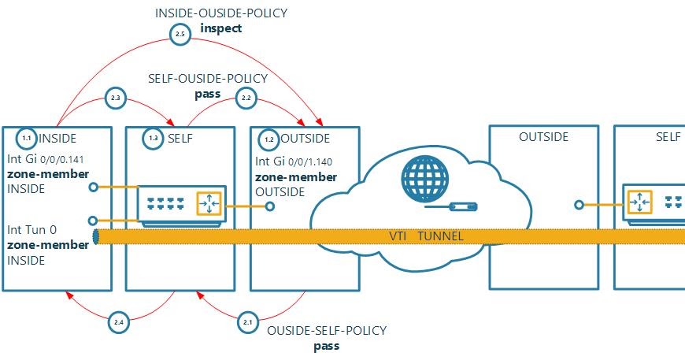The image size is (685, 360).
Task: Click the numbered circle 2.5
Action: tap(180, 35)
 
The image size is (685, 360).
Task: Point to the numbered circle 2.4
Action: tap(118, 321)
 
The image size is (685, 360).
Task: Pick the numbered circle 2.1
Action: tap(248, 321)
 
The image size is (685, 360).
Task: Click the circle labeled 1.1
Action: tap(26, 139)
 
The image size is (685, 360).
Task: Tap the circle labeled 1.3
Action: tap(154, 139)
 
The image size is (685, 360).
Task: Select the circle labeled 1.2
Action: tap(269, 139)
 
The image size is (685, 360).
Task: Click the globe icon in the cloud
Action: tap(419, 176)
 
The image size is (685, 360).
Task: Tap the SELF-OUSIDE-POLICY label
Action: tap(208, 79)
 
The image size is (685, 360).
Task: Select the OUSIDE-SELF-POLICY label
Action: tap(327, 330)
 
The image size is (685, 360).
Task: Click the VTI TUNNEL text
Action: tap(425, 236)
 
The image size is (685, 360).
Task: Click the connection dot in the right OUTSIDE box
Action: tap(579, 205)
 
